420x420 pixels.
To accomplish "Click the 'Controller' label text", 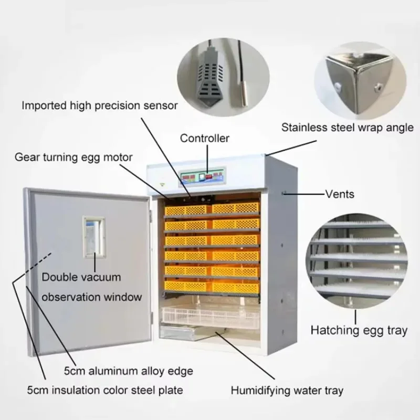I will coord(205,139).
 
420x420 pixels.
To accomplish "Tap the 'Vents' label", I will coord(340,194).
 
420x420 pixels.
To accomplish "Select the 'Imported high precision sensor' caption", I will coord(100,106).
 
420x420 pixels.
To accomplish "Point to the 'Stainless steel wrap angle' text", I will coord(348,128).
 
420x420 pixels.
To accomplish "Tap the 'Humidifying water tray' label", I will coord(287,390).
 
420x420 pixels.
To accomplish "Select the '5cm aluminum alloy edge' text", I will coord(129,371).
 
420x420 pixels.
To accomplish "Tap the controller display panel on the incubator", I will coord(203,177).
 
